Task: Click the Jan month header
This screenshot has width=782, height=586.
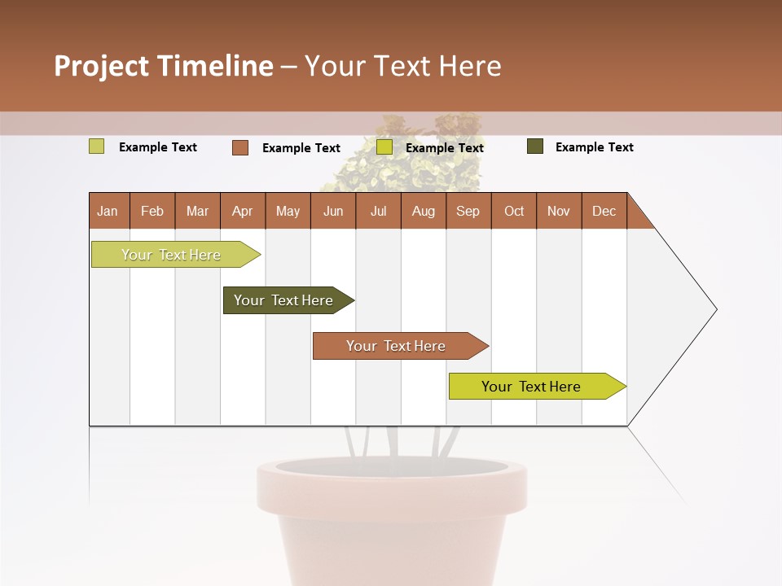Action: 108,211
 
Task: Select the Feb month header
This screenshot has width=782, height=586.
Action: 152,211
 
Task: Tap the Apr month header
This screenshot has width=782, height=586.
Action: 242,211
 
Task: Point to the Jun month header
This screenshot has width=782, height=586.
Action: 333,211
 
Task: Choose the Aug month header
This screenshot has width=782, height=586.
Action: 423,211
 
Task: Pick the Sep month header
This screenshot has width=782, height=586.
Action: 468,211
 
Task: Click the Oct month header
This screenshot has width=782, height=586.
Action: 514,211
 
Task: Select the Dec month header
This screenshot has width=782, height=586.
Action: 604,211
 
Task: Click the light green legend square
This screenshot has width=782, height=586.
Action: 97,146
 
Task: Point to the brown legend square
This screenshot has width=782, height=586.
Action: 240,147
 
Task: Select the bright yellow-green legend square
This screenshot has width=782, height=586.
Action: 384,147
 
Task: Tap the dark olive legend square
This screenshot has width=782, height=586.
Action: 535,146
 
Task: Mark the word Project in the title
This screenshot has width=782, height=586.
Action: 101,66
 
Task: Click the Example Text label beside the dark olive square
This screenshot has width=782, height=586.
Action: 594,147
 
